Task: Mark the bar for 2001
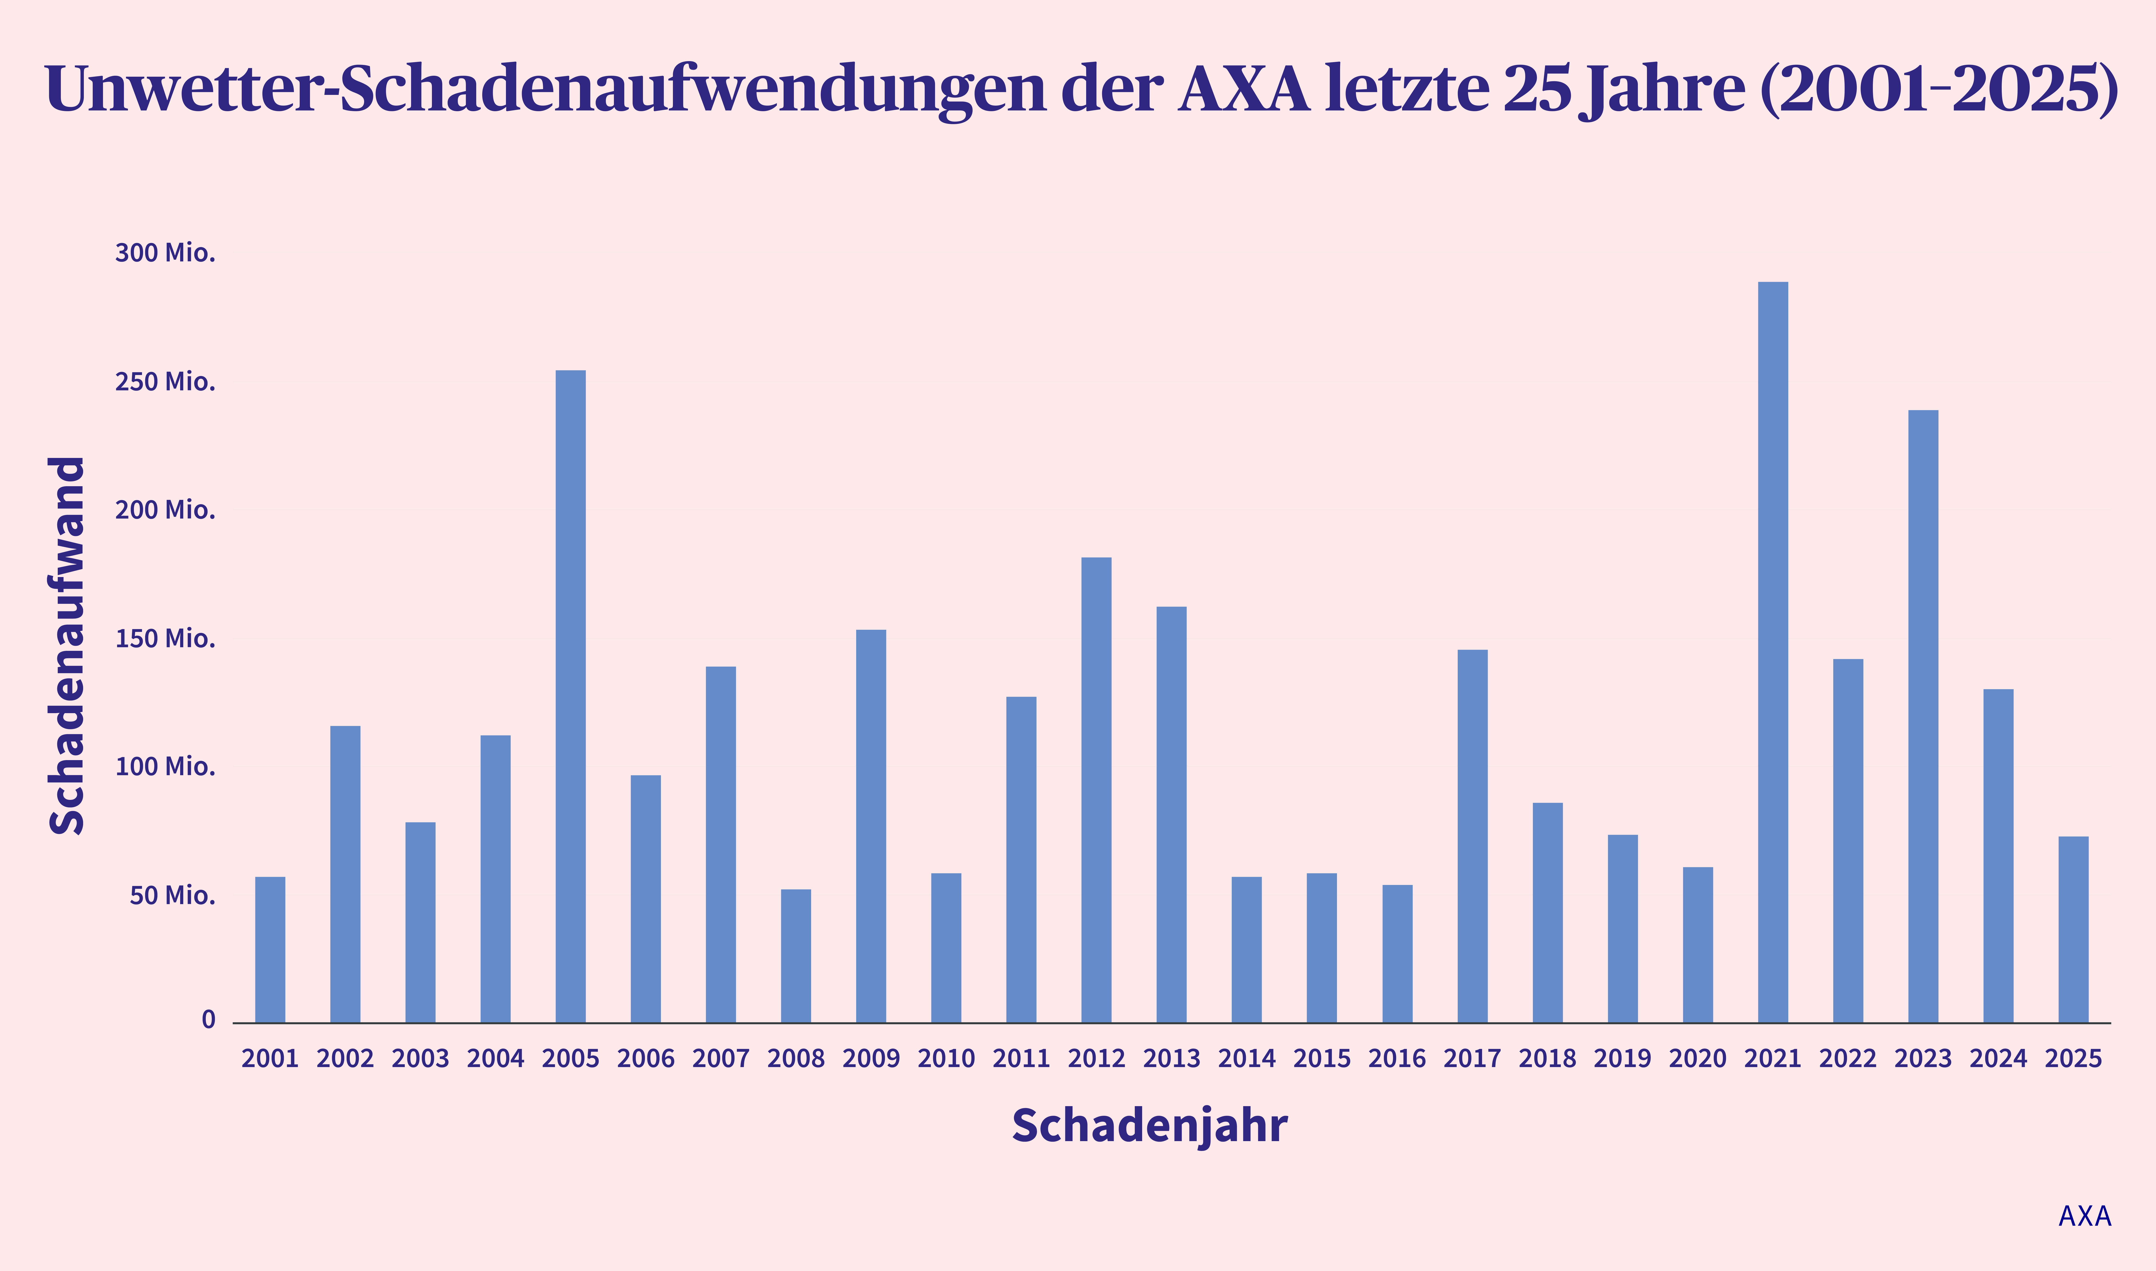tap(270, 950)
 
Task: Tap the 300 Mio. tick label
tap(165, 253)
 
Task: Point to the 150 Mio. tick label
tap(165, 638)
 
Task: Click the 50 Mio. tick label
tap(172, 895)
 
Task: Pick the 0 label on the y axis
tap(208, 1019)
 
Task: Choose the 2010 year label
tap(946, 1059)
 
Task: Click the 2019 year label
tap(1623, 1059)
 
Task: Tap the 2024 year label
tap(1998, 1059)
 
